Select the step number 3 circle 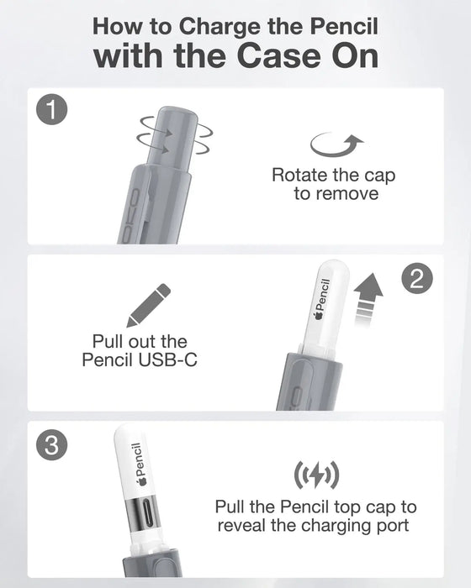click(x=53, y=446)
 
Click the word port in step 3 click(x=395, y=526)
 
